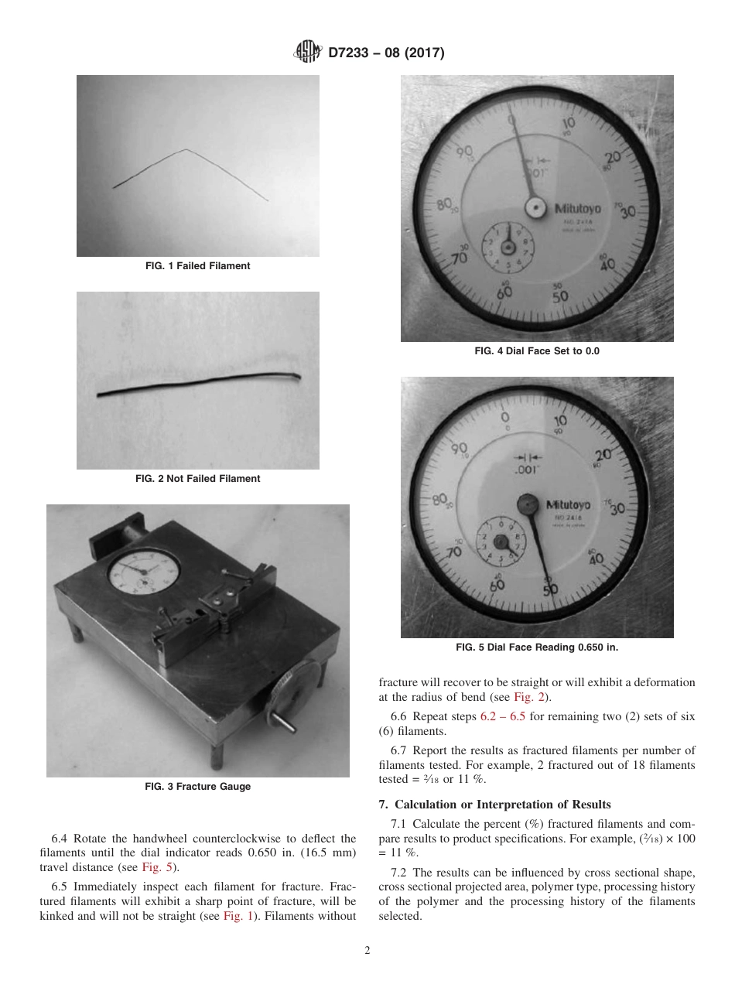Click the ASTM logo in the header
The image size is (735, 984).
coord(309,53)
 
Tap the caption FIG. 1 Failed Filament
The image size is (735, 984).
coord(197,266)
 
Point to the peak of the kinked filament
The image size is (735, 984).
coord(184,149)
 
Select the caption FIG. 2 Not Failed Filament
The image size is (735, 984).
coord(197,479)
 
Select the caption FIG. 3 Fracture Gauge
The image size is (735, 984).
coord(197,787)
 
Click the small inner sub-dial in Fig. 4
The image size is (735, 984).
coord(508,247)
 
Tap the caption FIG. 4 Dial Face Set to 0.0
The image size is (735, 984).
coord(536,351)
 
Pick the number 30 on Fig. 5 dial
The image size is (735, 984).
coord(617,508)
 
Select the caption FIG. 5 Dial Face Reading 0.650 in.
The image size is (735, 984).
coord(536,647)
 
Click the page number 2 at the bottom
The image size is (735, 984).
coord(367,951)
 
